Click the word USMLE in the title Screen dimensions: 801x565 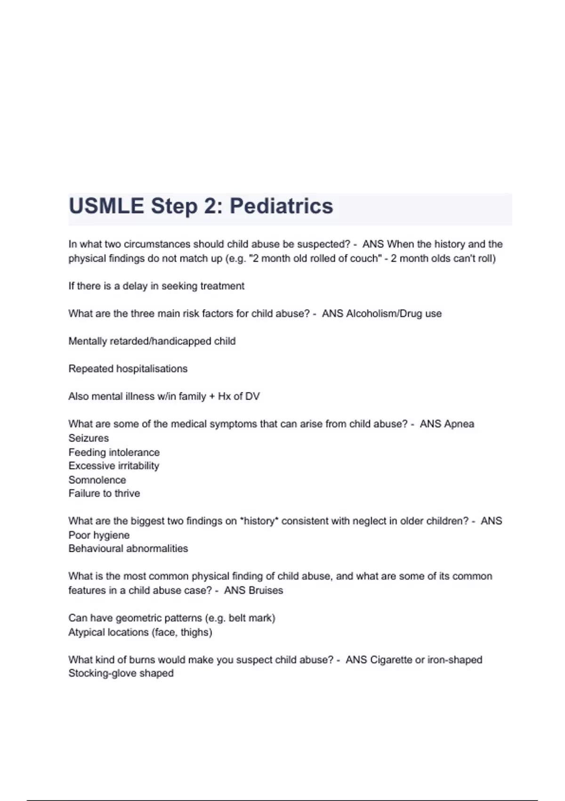(x=106, y=206)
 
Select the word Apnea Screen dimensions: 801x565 (x=460, y=424)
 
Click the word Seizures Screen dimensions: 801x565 (x=89, y=438)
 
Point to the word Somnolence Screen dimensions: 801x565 (x=97, y=480)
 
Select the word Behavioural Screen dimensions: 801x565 (x=97, y=548)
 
